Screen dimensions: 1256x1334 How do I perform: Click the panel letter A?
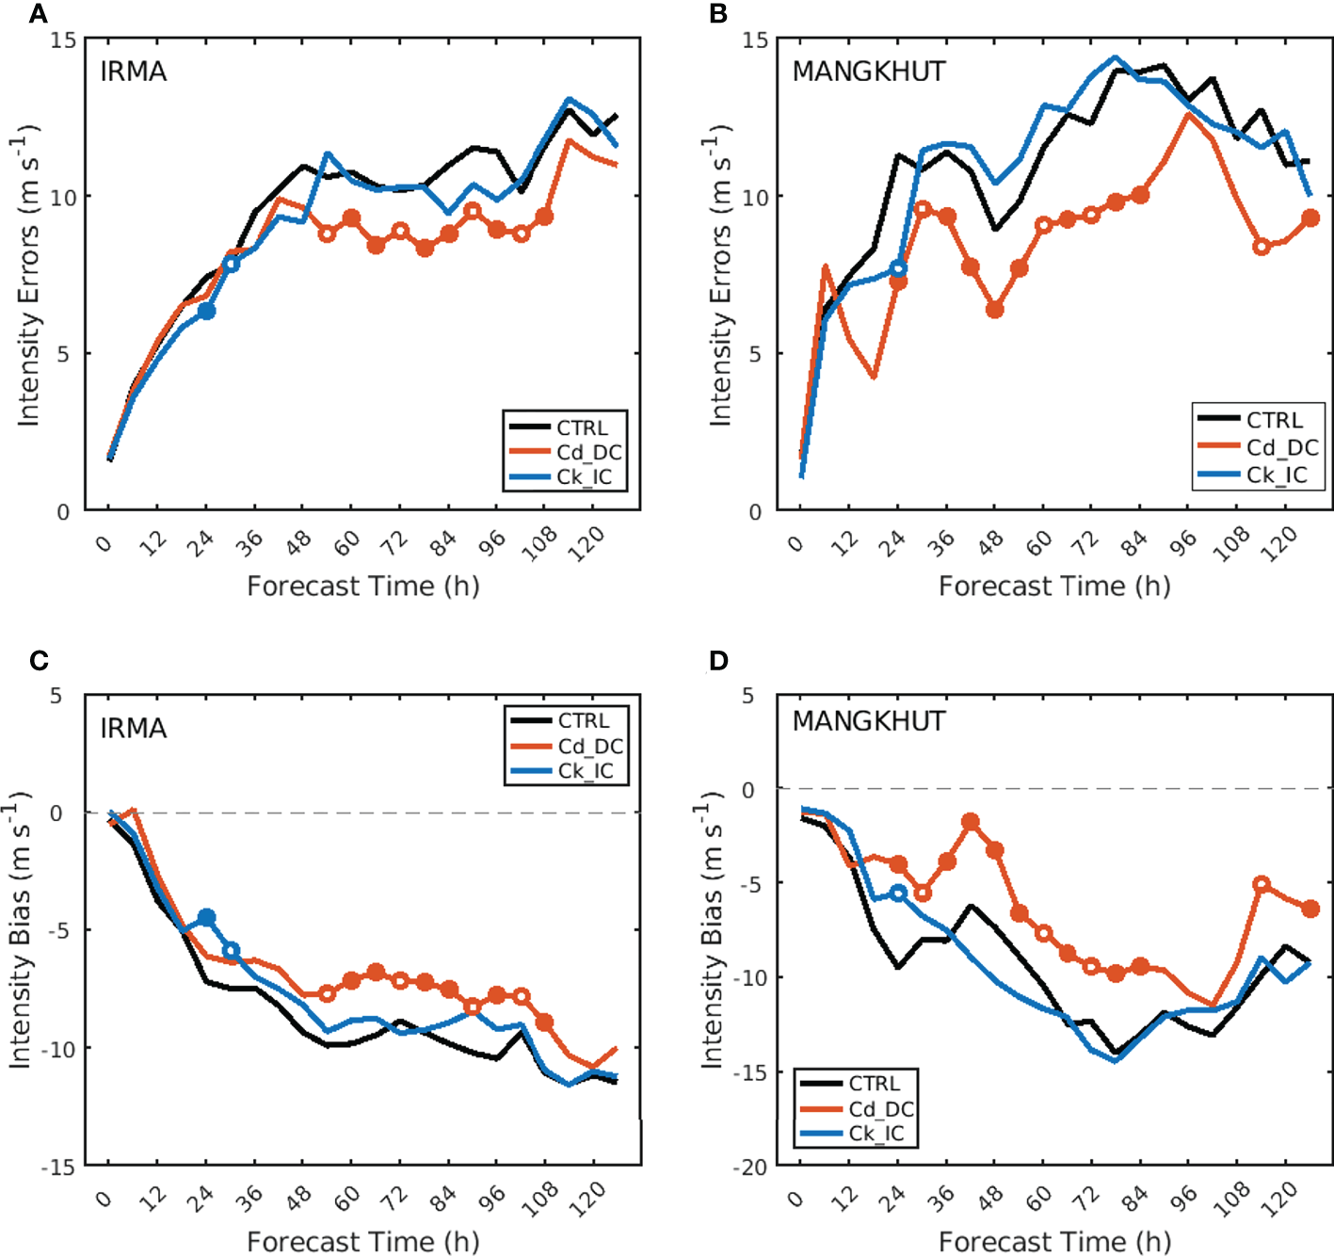click(38, 14)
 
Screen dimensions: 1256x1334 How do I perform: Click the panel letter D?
click(718, 661)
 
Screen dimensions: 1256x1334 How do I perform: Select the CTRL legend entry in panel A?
click(582, 427)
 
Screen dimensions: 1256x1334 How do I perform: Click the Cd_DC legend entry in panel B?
click(1281, 447)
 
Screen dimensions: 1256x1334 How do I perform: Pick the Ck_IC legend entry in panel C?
click(585, 771)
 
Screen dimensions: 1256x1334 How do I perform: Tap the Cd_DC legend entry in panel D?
click(881, 1109)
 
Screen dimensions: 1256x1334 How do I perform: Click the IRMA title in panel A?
click(134, 72)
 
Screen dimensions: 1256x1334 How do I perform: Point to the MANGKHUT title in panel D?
click(868, 721)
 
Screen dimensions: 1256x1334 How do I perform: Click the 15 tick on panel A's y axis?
click(65, 40)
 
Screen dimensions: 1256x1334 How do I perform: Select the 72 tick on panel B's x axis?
click(1086, 541)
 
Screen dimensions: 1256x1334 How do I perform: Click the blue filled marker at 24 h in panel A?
click(206, 311)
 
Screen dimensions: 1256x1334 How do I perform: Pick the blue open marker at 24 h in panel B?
click(898, 269)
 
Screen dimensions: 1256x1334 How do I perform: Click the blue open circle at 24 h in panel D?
click(898, 893)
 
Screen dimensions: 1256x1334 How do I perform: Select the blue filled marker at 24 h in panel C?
click(206, 918)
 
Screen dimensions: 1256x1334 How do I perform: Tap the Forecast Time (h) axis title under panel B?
click(1054, 586)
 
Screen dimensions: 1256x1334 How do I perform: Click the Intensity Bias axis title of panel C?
click(21, 930)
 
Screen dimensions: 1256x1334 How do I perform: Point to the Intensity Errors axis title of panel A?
click(27, 275)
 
